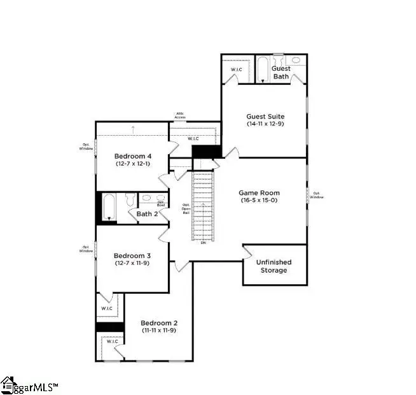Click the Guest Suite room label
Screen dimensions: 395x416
pos(265,116)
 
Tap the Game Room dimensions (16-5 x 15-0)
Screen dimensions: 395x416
pos(259,200)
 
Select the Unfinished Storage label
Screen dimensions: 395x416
pos(272,266)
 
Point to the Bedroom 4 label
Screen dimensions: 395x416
pos(132,156)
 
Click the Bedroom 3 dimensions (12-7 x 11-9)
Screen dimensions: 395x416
pos(132,262)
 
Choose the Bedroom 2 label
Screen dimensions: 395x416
pos(158,322)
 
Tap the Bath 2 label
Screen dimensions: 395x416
pos(148,214)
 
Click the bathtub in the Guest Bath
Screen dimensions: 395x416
pos(261,69)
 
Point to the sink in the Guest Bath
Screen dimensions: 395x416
pos(296,61)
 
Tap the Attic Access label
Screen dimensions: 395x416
pos(181,116)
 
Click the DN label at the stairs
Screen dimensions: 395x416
pos(203,243)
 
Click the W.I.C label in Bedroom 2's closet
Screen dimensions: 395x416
pos(112,341)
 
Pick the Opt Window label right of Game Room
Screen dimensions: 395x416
pos(317,195)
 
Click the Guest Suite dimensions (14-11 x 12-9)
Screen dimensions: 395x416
pos(265,124)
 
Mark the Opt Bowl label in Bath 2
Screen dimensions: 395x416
pos(161,203)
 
